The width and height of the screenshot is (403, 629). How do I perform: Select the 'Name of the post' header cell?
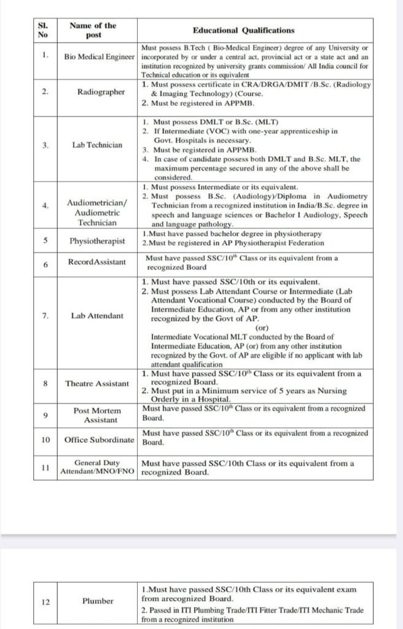[x=93, y=30]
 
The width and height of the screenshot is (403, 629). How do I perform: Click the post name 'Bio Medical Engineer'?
[x=99, y=57]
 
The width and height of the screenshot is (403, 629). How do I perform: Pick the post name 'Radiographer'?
[x=101, y=92]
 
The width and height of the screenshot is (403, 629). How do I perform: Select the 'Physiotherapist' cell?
[x=100, y=241]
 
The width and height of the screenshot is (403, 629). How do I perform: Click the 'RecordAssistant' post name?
[x=97, y=262]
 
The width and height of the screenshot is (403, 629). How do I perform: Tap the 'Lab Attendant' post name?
[x=97, y=316]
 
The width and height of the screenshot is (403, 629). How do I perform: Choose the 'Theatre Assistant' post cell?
[x=97, y=383]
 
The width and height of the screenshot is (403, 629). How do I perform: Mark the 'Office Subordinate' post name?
[x=99, y=440]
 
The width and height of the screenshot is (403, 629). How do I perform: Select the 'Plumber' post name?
[x=98, y=601]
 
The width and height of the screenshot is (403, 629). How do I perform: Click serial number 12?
[x=45, y=601]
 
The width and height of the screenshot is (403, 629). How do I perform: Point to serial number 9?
[x=45, y=415]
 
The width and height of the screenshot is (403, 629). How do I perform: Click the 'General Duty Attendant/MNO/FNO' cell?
[x=97, y=467]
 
